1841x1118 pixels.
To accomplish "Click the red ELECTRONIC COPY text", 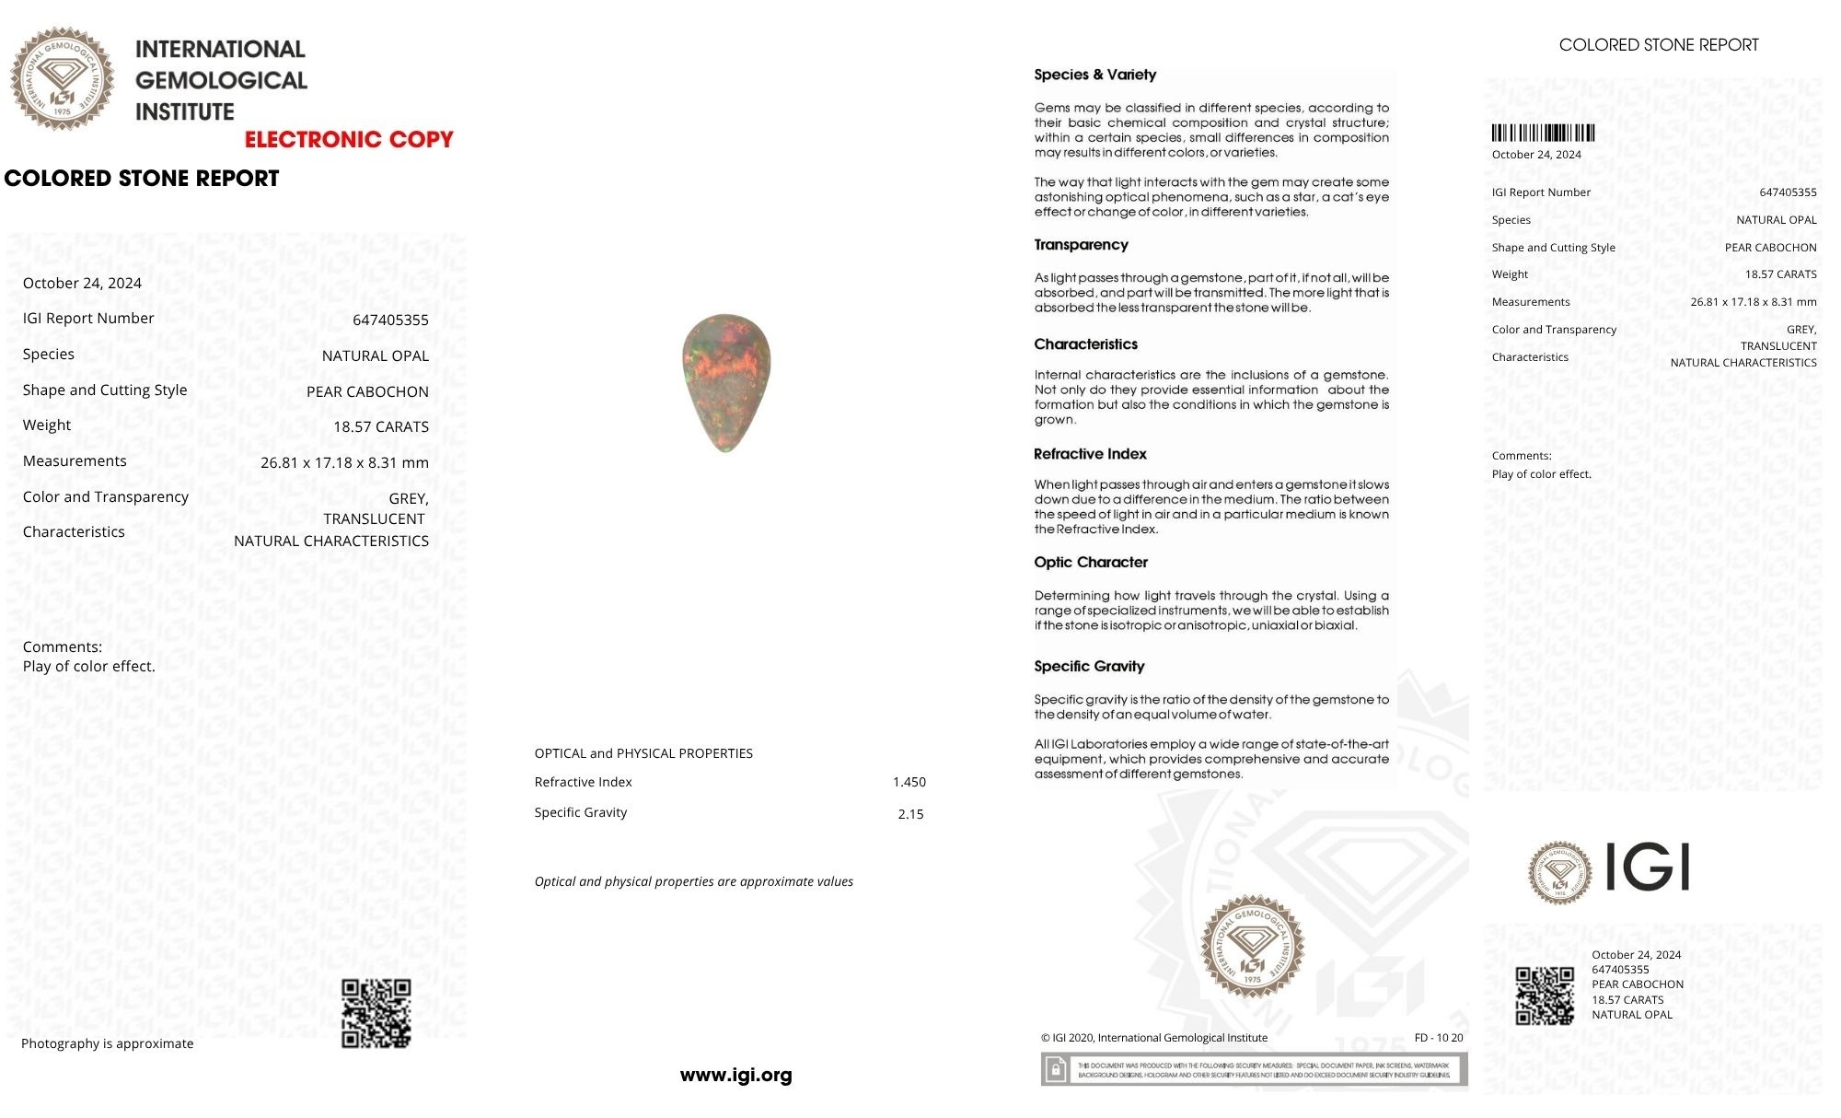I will [349, 140].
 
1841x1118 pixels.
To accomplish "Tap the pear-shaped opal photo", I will [725, 382].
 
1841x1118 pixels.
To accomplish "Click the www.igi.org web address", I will [735, 1075].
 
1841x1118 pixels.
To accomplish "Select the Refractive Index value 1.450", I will [909, 782].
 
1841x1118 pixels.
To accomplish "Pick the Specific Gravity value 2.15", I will [910, 814].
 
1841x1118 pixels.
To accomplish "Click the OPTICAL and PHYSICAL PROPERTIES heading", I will [643, 753].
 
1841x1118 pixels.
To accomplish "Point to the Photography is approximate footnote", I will [108, 1043].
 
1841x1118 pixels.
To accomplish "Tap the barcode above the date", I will [1543, 133].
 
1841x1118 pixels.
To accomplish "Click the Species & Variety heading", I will [1094, 75].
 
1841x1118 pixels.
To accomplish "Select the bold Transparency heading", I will [1081, 245].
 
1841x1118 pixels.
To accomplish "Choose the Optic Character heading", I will [1091, 563].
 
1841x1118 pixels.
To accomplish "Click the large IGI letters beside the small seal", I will [1648, 868].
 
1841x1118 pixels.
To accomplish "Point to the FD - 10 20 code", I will [1438, 1038].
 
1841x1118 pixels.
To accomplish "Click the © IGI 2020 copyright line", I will [1153, 1038].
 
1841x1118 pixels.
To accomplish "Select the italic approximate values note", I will [693, 881].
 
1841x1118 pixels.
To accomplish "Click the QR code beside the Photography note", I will [376, 1013].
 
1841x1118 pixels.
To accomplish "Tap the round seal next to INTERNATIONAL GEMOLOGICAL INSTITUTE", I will [63, 78].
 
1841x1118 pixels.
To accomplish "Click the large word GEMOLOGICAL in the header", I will [221, 81].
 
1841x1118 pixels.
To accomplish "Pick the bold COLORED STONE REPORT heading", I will [142, 179].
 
